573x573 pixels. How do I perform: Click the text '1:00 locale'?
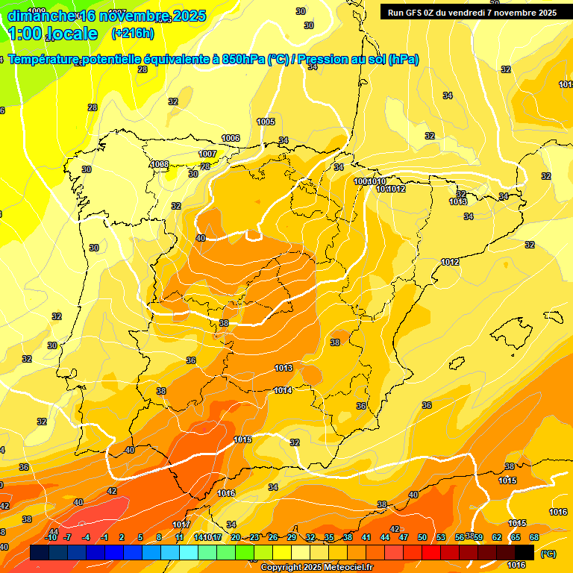[53, 34]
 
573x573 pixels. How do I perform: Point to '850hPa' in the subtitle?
[243, 60]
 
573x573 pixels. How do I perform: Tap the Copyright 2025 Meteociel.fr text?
[316, 568]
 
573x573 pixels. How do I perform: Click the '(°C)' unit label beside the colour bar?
[548, 554]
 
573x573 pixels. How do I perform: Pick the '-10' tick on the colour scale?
[51, 537]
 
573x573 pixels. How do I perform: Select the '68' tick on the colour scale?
[534, 537]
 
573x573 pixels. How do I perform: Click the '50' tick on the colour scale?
[422, 537]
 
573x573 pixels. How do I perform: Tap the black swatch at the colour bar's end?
[525, 552]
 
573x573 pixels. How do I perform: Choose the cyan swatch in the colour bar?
[189, 552]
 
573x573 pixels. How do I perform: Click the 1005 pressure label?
[266, 122]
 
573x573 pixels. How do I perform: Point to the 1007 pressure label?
[207, 154]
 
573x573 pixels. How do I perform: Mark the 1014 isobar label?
[283, 390]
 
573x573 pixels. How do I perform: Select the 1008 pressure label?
[160, 164]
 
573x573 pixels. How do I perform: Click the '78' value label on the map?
[205, 166]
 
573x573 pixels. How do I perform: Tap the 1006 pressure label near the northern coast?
[231, 138]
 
